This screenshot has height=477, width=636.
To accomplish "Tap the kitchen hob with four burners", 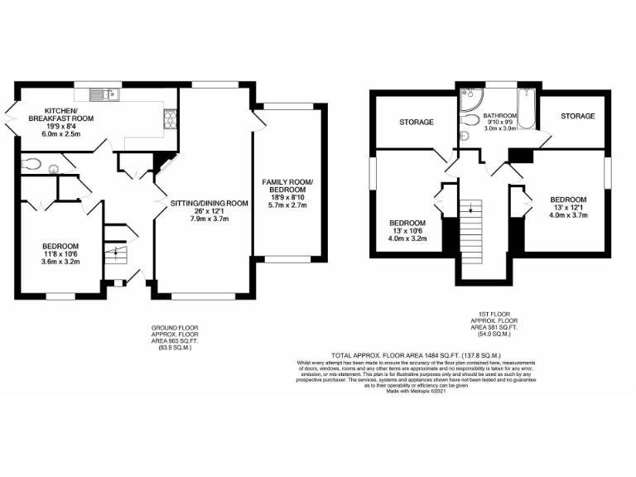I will click(x=171, y=120).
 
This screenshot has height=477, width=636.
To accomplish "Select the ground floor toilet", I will click(x=32, y=163).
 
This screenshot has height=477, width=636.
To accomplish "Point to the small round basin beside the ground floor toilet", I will click(x=55, y=169).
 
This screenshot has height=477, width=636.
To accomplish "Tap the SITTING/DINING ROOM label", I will click(x=209, y=203).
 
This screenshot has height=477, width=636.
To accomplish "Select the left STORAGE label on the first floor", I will click(x=417, y=123).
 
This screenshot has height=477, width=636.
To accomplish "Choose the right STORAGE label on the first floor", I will click(x=577, y=116).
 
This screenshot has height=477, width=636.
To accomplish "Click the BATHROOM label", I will click(x=500, y=116).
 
